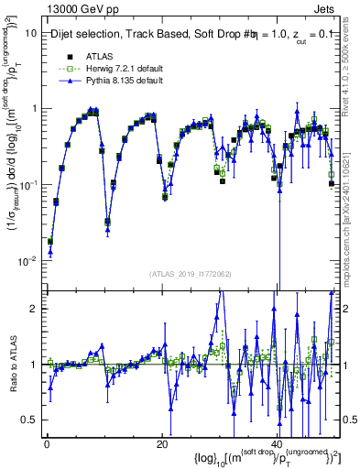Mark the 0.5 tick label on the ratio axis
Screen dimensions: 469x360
pyautogui.click(x=28, y=420)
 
